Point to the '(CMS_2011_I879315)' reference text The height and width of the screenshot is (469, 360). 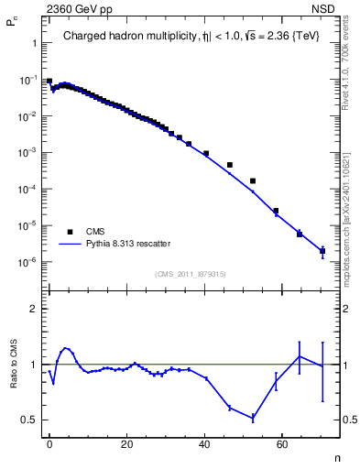[x=191, y=273]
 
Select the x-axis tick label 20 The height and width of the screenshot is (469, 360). [x=127, y=443]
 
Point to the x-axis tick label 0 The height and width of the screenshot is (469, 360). [x=49, y=443]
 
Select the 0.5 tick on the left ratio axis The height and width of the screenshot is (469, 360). [x=29, y=420]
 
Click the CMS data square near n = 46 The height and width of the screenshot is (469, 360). [x=229, y=165]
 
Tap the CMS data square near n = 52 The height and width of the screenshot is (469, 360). [x=253, y=181]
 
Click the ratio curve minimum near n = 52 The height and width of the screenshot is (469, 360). [x=253, y=418]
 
